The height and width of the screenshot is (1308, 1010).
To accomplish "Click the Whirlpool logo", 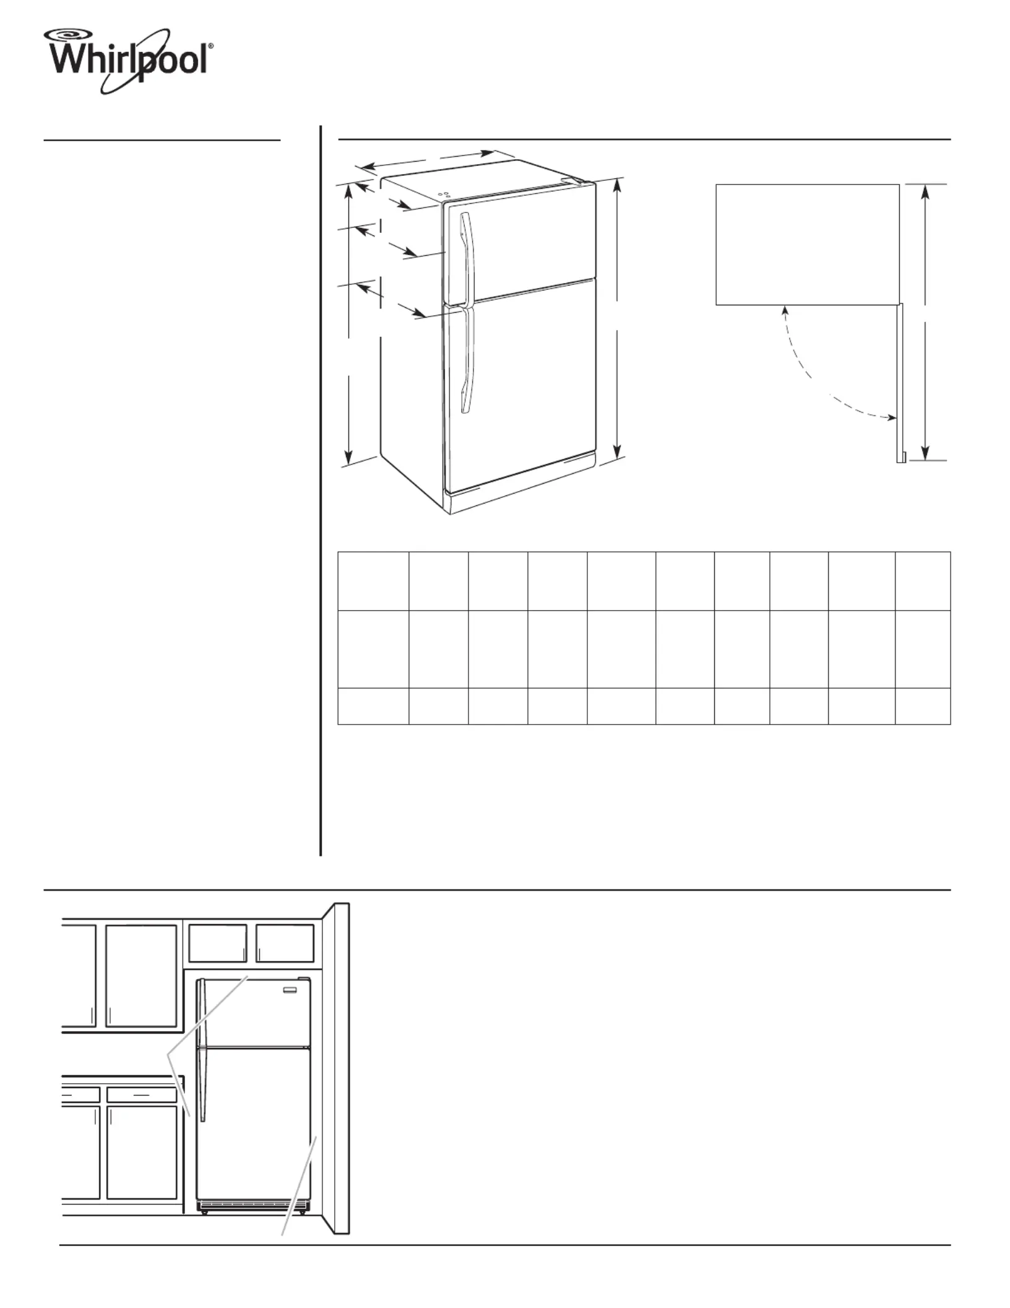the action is tap(129, 61).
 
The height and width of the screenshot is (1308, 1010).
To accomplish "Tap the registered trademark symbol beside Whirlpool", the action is tap(211, 46).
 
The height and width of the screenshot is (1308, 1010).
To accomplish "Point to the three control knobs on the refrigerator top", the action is tap(443, 194).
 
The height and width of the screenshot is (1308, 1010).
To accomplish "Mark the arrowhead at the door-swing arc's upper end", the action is tap(785, 310).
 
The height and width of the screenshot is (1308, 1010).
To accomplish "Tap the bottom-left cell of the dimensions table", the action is tap(373, 706).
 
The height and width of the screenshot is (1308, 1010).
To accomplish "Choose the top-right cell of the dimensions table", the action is tap(923, 581).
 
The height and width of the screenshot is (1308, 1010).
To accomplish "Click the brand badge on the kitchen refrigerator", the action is tap(291, 990).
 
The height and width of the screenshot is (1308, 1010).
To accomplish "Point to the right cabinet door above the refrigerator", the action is tap(285, 943).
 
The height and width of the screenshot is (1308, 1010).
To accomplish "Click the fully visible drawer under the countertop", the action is tap(142, 1095).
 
